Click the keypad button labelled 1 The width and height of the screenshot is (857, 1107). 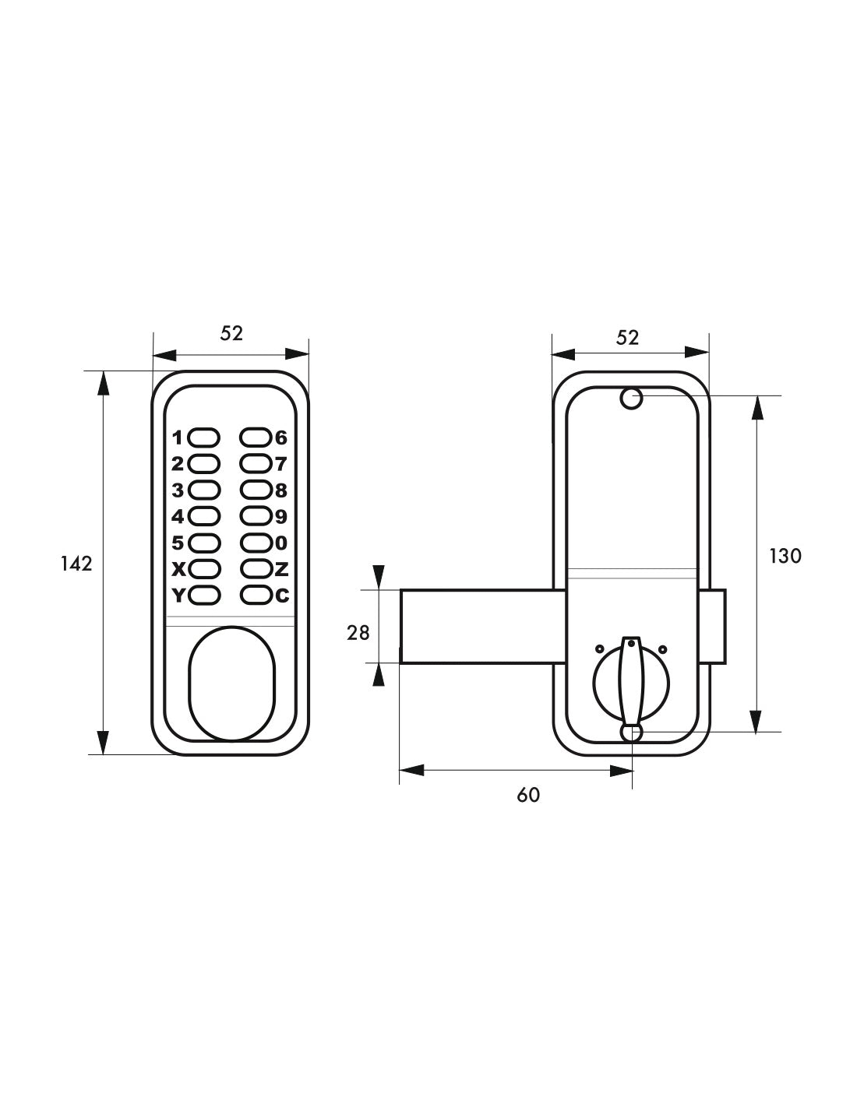[x=204, y=437]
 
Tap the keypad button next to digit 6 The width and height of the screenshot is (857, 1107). [x=255, y=437]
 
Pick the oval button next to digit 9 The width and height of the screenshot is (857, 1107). [x=255, y=516]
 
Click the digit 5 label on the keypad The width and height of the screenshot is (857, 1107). [x=178, y=543]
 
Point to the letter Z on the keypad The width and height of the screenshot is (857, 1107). [x=282, y=569]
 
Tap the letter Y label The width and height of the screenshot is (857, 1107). [x=178, y=596]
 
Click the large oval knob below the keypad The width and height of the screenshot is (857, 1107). [x=231, y=681]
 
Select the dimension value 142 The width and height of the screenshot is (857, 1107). [x=76, y=563]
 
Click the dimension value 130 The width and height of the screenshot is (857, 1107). [x=785, y=556]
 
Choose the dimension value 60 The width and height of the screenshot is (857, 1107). [x=528, y=795]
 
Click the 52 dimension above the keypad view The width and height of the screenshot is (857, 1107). [x=231, y=333]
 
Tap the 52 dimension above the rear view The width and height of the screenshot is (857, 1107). [x=627, y=337]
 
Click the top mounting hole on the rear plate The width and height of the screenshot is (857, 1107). [x=630, y=399]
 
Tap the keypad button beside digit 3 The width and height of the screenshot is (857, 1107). [x=204, y=490]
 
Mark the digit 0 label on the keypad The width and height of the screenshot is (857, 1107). [x=282, y=543]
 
